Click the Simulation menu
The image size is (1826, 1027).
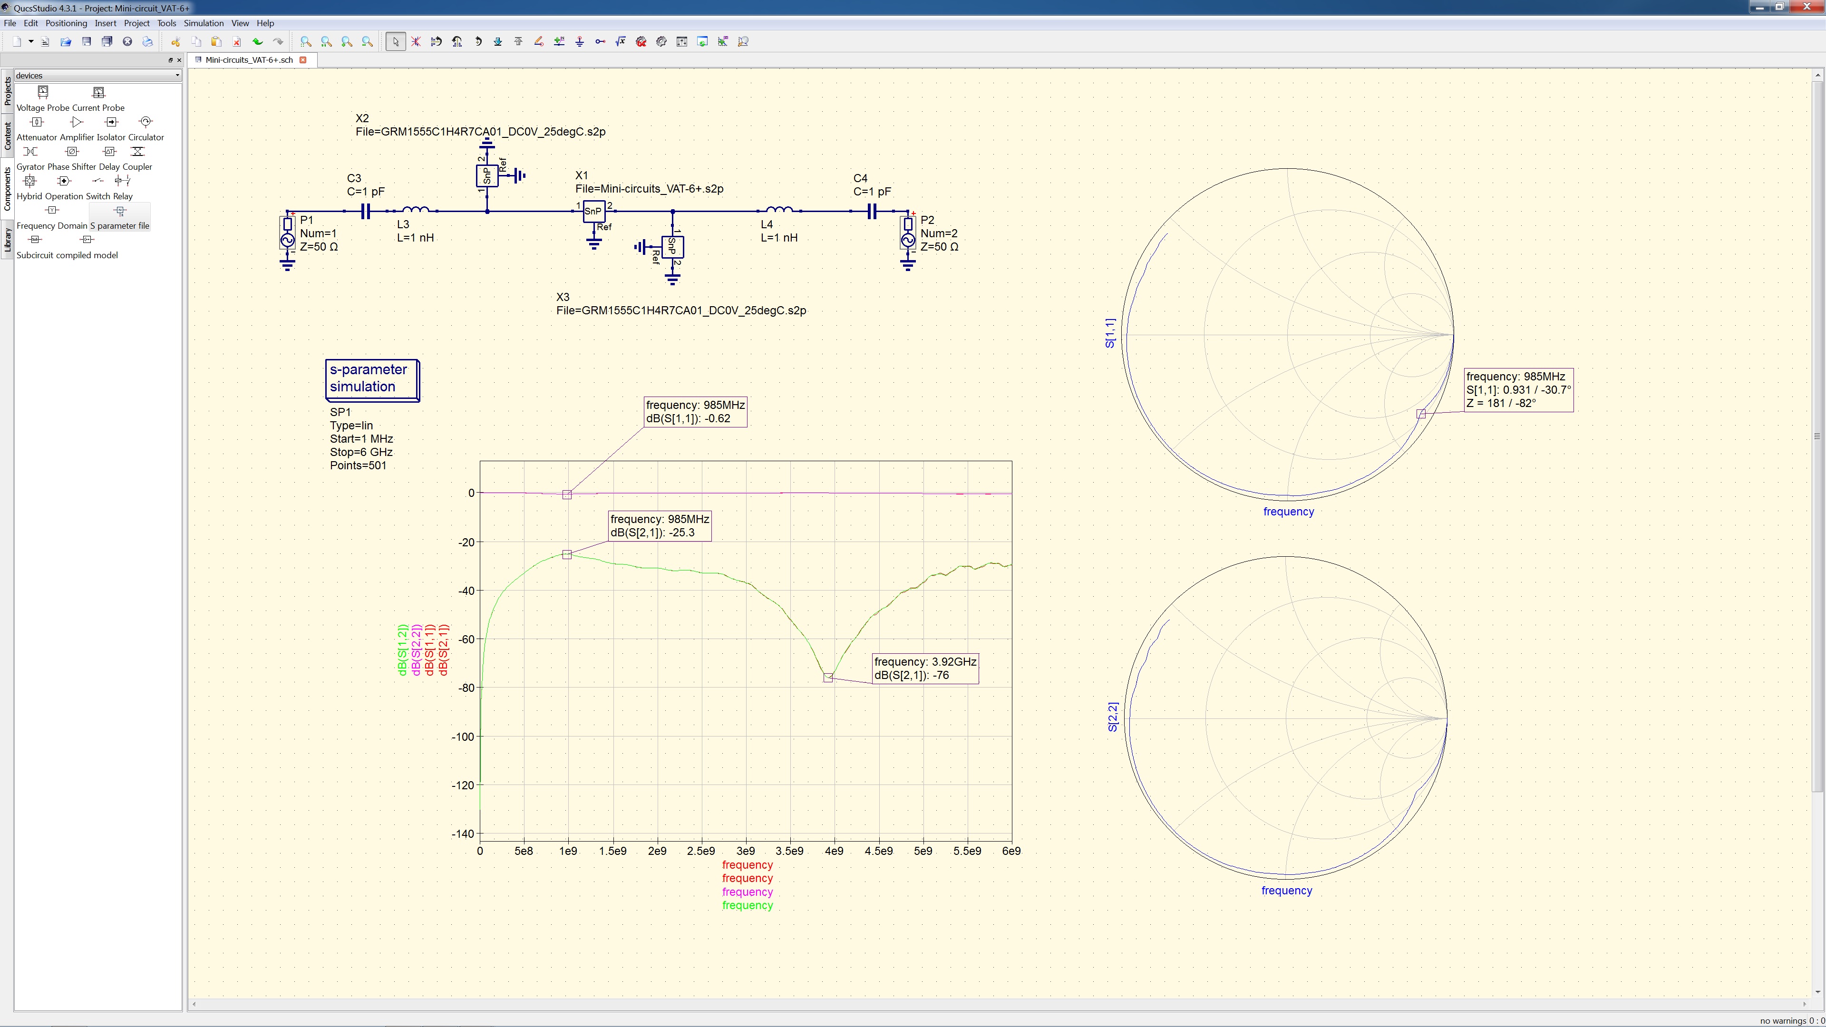(x=204, y=23)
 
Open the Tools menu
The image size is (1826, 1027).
(x=166, y=23)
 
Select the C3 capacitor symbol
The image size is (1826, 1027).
(x=365, y=211)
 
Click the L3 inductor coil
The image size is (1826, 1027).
(x=416, y=210)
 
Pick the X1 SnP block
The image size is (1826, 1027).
(x=593, y=211)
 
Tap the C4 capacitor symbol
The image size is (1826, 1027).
(x=872, y=211)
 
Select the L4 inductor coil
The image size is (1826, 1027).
(x=780, y=210)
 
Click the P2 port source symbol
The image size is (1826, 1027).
(x=908, y=234)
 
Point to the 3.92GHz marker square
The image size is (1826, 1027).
(x=828, y=678)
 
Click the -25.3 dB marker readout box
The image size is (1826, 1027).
(x=659, y=526)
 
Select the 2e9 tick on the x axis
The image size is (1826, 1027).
(x=657, y=851)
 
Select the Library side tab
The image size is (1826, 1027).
(x=8, y=240)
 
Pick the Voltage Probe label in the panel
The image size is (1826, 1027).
(x=43, y=108)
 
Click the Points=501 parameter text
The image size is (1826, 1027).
(x=358, y=465)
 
